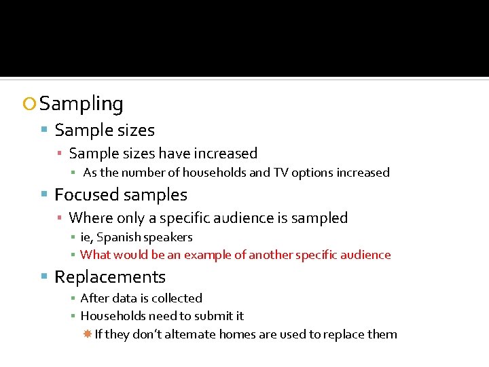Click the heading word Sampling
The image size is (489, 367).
pos(81,104)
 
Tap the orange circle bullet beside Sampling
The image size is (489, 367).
pos(29,105)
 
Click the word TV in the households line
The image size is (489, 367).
pos(280,173)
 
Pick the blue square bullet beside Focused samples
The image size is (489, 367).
pos(44,195)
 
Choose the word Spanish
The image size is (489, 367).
pos(118,237)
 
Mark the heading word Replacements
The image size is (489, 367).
pos(110,277)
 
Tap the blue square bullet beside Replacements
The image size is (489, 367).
pos(44,277)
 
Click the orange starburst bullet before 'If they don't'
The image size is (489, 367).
pos(88,334)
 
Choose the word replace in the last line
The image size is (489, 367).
pos(345,334)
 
